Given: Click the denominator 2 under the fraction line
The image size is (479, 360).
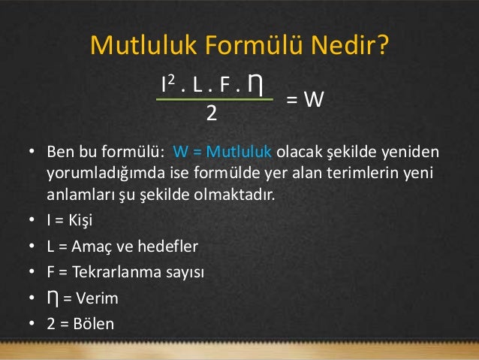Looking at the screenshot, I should click(212, 113).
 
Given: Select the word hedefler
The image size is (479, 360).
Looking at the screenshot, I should click(161, 247).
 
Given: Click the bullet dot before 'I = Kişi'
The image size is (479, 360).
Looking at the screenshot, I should click(32, 222).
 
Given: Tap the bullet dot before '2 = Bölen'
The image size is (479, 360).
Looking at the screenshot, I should click(32, 324).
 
